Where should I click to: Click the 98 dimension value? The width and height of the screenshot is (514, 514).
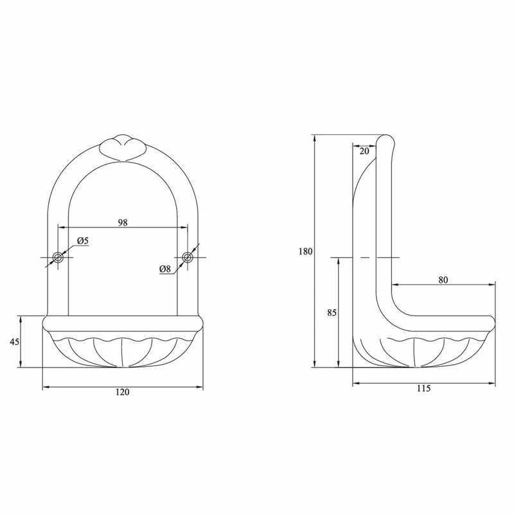point(123,222)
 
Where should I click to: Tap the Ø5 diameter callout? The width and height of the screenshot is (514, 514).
point(83,241)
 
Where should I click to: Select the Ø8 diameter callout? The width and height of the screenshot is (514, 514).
point(165,269)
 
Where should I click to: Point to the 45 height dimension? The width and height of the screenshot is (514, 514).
point(14,342)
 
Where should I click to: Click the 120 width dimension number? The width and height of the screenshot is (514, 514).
point(123,392)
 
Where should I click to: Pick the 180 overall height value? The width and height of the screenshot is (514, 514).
point(306,251)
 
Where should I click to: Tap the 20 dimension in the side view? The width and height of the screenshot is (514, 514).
point(364,151)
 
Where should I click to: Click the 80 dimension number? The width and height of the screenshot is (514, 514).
point(443,280)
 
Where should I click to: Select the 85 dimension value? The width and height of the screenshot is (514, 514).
point(332,313)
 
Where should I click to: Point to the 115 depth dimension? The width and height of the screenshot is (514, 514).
point(423,389)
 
